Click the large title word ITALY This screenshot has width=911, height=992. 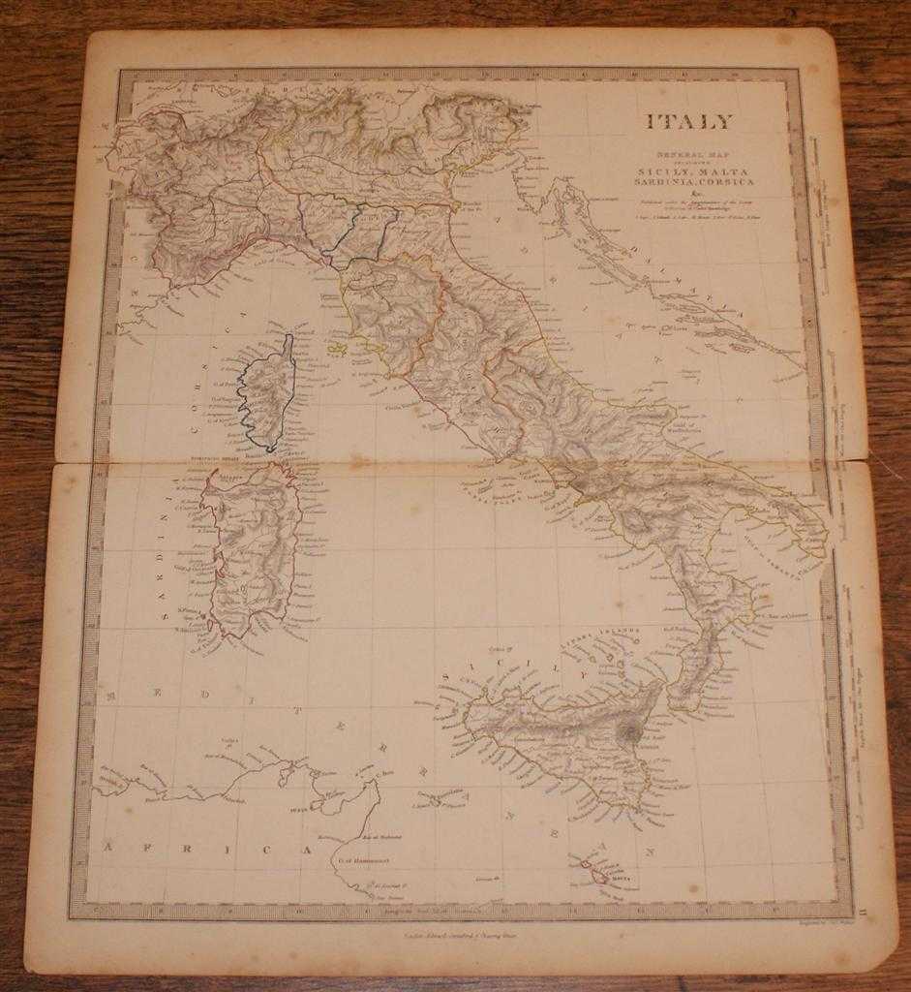pyautogui.click(x=689, y=122)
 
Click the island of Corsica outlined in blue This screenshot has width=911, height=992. pyautogui.click(x=267, y=392)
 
